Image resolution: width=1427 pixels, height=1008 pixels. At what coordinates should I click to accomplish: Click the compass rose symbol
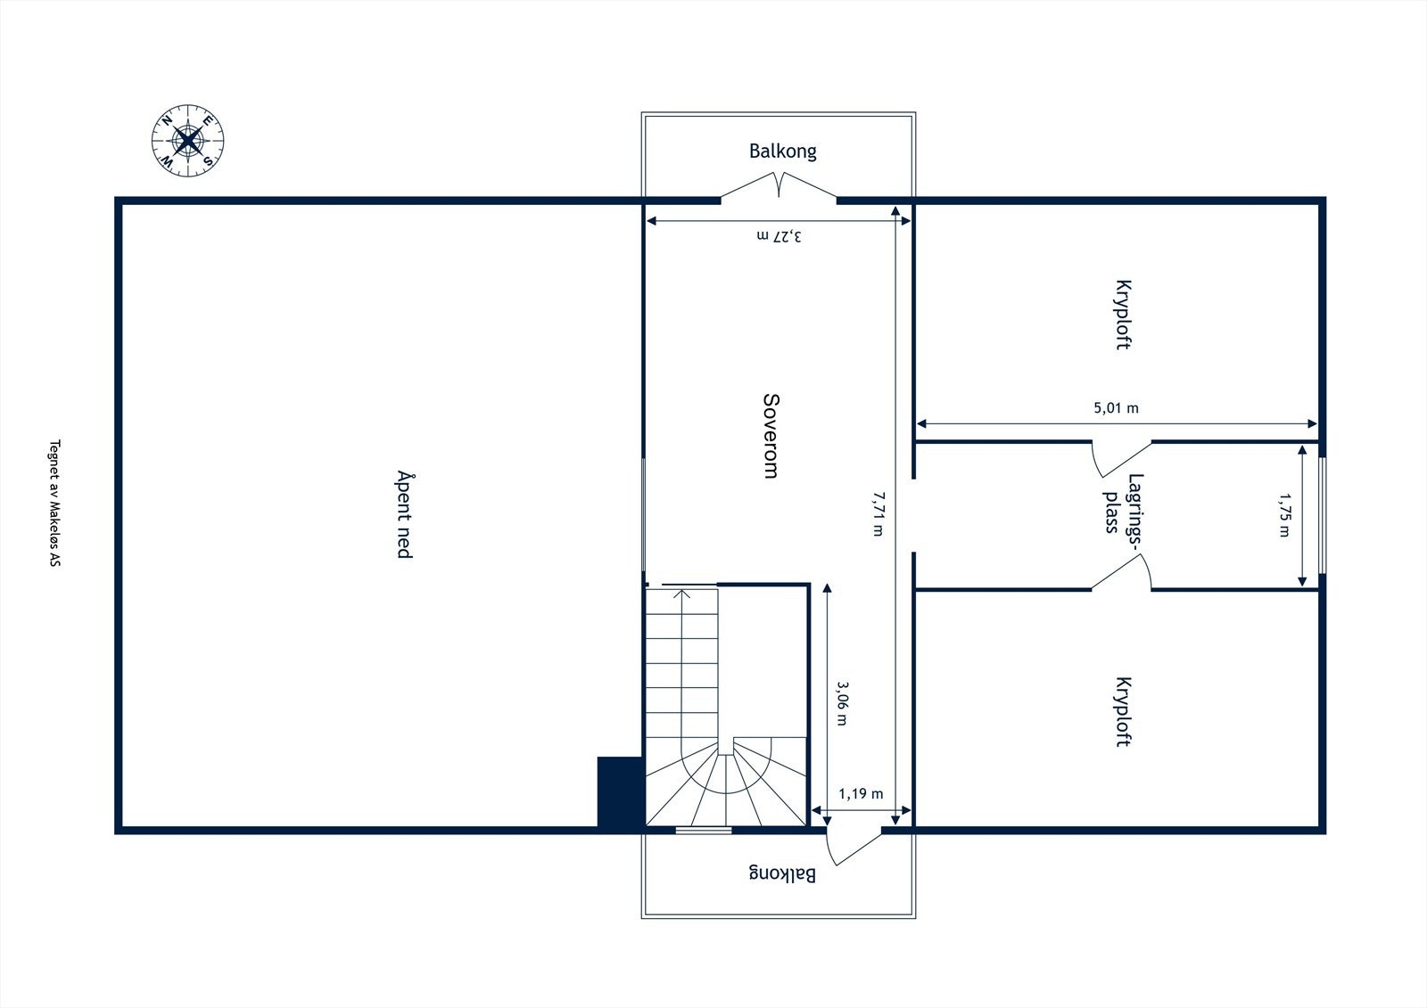tap(187, 141)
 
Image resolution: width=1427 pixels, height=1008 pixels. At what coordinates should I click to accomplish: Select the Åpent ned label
tap(404, 514)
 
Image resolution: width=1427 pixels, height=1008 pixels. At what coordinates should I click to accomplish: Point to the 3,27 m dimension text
tap(779, 236)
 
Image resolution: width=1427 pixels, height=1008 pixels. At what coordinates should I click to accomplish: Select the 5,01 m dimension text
tap(1116, 408)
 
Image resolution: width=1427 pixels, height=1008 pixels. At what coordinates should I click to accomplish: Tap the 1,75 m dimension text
tap(1284, 514)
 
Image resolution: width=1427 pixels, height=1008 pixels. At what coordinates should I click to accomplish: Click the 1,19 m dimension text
tap(861, 793)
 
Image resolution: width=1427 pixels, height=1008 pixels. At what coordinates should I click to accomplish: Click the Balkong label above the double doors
tap(782, 151)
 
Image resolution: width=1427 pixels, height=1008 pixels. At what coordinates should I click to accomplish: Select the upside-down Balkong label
tap(781, 873)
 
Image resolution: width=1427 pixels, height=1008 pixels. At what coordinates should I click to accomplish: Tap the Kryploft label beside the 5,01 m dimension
tap(1123, 316)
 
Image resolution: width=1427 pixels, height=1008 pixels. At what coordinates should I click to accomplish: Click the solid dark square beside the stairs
tap(620, 792)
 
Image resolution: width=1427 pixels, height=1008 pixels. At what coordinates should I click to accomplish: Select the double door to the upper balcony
tap(779, 187)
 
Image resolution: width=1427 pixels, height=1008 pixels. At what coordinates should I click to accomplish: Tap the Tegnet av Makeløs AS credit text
tap(54, 504)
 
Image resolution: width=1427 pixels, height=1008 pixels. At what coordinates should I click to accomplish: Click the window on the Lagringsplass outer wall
tap(1322, 515)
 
